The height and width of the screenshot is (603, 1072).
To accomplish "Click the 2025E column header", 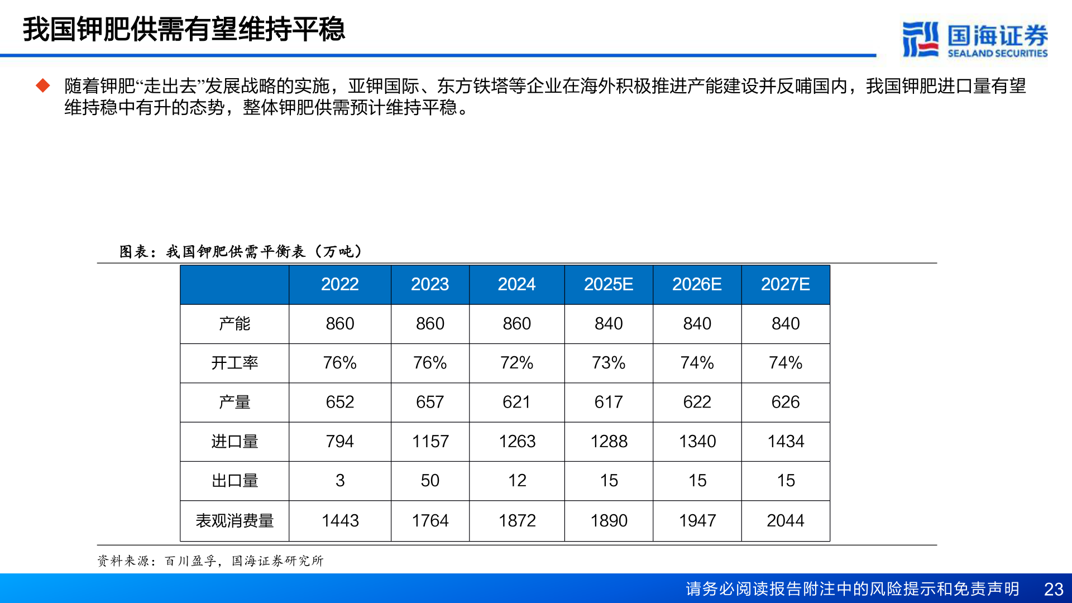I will coord(608,284).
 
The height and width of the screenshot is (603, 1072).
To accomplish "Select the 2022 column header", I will coord(339,284).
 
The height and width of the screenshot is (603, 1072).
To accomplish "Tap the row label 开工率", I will coord(234,363).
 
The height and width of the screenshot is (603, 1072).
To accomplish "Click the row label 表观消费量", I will coord(234,520).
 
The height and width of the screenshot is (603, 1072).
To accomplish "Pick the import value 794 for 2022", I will coord(339,441).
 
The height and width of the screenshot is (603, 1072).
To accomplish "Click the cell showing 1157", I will coord(430,441).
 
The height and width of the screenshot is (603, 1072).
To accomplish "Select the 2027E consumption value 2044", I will coord(785,520).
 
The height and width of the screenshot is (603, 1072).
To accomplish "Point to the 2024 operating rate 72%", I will coord(516,363).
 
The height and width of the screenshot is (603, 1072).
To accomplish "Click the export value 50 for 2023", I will coord(430,480).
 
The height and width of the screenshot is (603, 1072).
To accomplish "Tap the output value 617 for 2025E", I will coord(608,402).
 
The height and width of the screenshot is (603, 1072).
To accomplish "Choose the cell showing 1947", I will coord(697,520).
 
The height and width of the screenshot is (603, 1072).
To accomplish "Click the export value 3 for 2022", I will coord(339,480).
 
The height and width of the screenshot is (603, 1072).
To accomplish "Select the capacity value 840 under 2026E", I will coord(697,323).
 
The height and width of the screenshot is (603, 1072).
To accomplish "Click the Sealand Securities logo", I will coord(975,39).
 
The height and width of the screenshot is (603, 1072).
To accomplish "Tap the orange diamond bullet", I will coord(43,85).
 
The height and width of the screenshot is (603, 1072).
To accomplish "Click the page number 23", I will coord(1053,589).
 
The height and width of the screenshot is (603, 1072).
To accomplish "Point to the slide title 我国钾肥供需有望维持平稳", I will coord(184,29).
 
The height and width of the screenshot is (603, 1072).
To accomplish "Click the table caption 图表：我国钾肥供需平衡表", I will coord(241,251).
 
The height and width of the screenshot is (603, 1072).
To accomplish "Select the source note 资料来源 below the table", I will coord(210,561).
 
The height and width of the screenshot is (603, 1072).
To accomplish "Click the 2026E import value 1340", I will coord(697,441).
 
